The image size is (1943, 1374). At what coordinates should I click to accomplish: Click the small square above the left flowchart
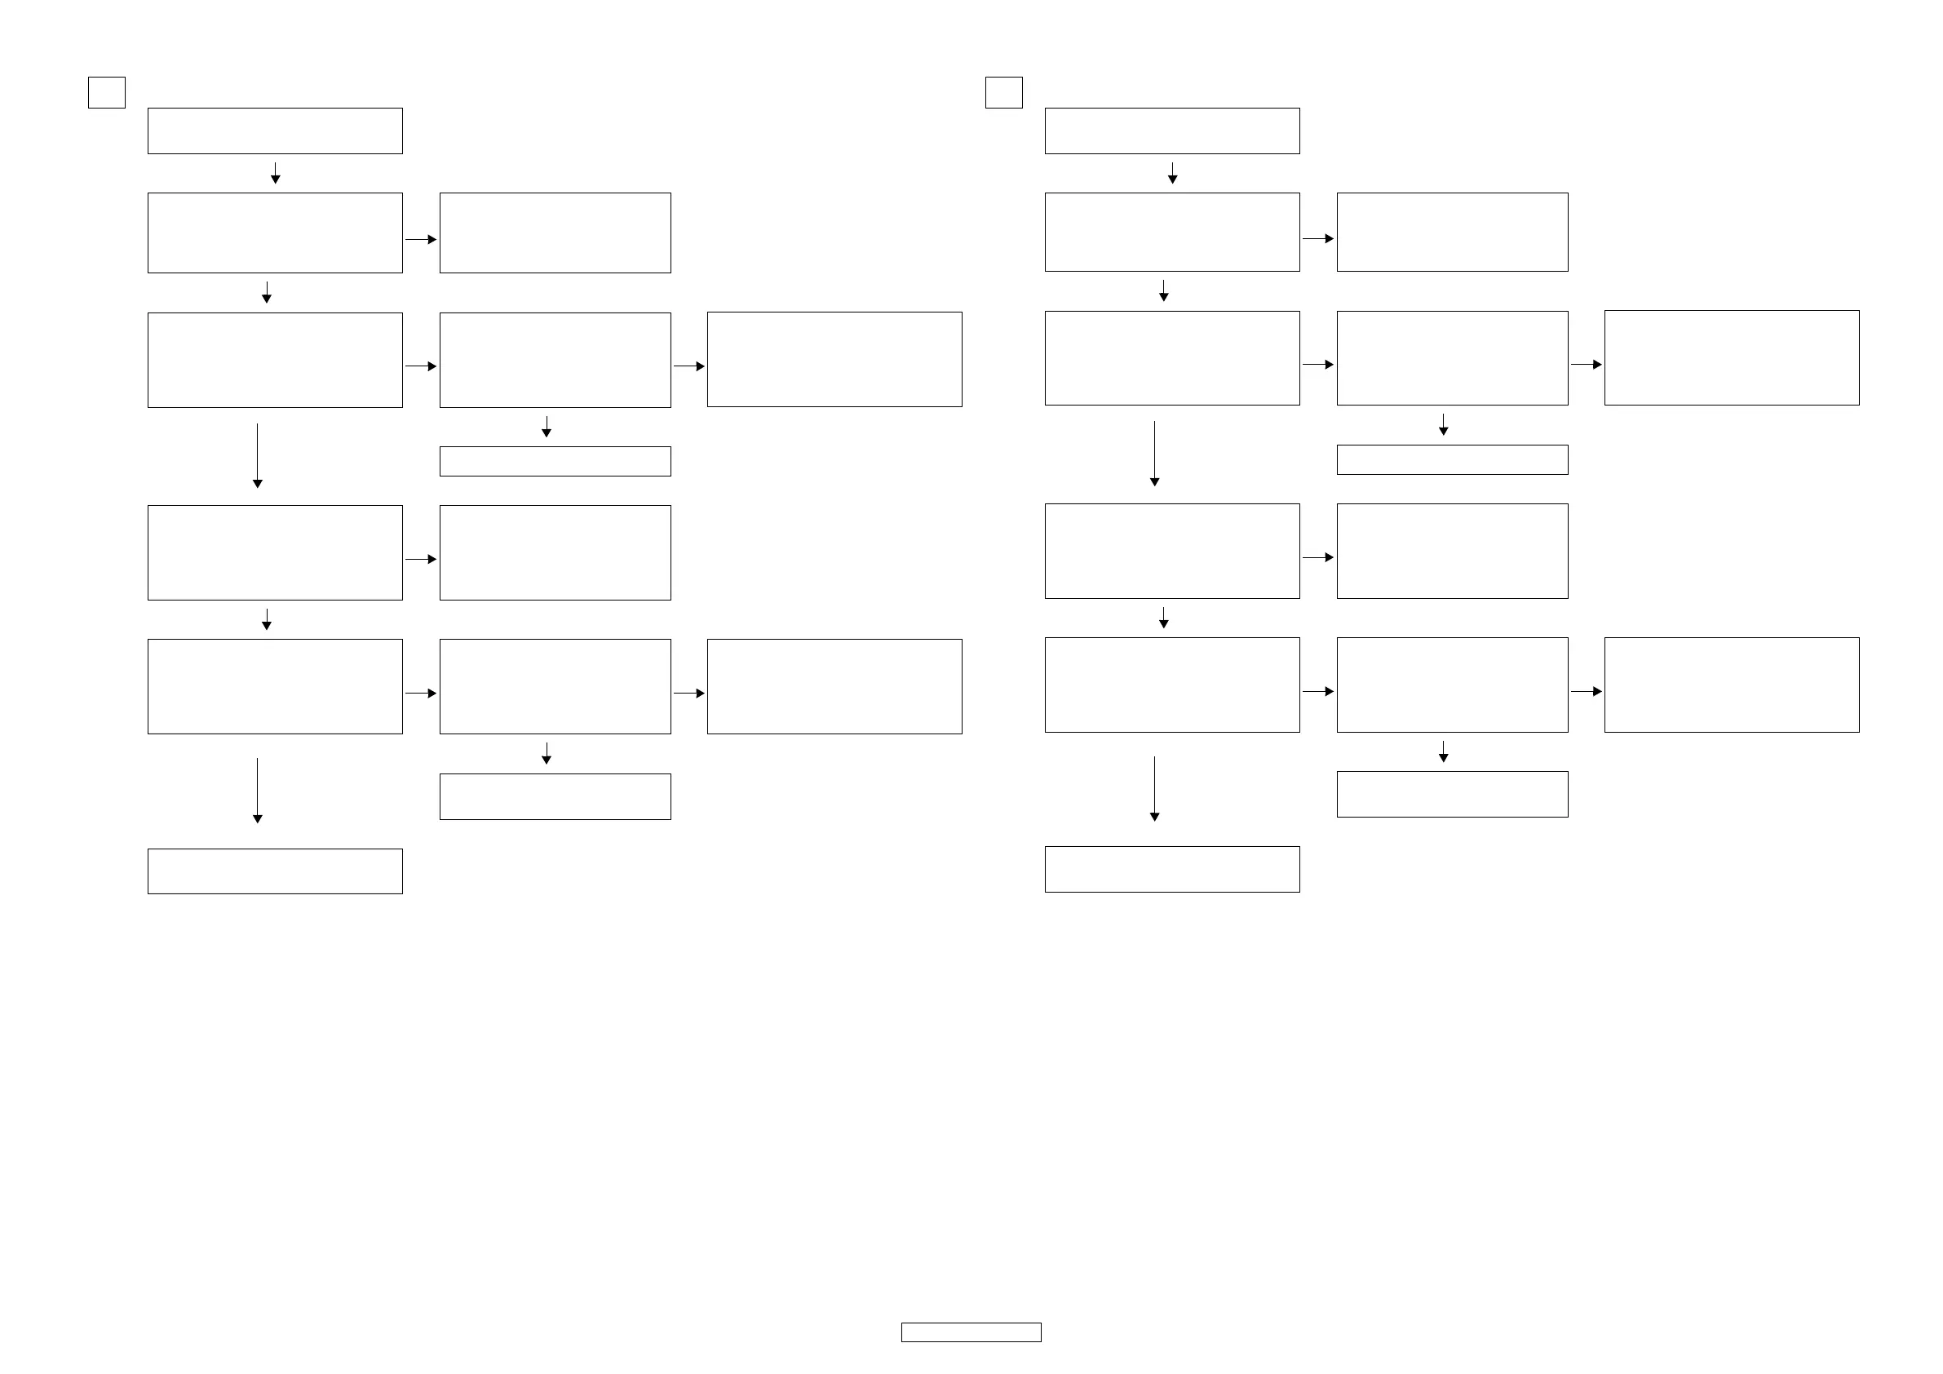(107, 92)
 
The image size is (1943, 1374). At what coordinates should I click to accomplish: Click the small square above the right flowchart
(1003, 92)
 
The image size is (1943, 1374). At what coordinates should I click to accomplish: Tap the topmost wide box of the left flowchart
(275, 131)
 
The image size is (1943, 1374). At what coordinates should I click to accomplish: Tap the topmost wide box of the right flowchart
(1172, 131)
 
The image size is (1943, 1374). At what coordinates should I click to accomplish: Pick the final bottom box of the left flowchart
(275, 871)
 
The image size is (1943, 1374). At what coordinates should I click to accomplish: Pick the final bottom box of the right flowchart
(1172, 870)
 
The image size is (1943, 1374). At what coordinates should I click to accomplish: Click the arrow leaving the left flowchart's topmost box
(275, 174)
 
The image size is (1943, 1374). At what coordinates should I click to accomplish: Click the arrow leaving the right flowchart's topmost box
(1172, 174)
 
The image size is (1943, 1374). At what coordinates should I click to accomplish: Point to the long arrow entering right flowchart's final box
(1154, 788)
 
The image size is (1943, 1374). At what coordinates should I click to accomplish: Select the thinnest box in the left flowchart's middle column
(555, 461)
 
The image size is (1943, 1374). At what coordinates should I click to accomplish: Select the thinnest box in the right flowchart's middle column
(1452, 459)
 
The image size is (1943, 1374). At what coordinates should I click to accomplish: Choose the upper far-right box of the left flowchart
(834, 359)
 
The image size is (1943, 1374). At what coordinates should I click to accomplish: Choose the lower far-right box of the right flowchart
(1732, 685)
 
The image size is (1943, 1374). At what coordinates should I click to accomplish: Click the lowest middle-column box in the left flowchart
(555, 796)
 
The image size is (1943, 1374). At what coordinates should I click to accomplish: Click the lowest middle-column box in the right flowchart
(1452, 794)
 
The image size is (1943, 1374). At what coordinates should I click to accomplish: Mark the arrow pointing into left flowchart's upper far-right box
(688, 366)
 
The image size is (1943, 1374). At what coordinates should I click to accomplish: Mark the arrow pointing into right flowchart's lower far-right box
(1586, 692)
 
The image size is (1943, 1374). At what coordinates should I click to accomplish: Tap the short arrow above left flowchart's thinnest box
(547, 427)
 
